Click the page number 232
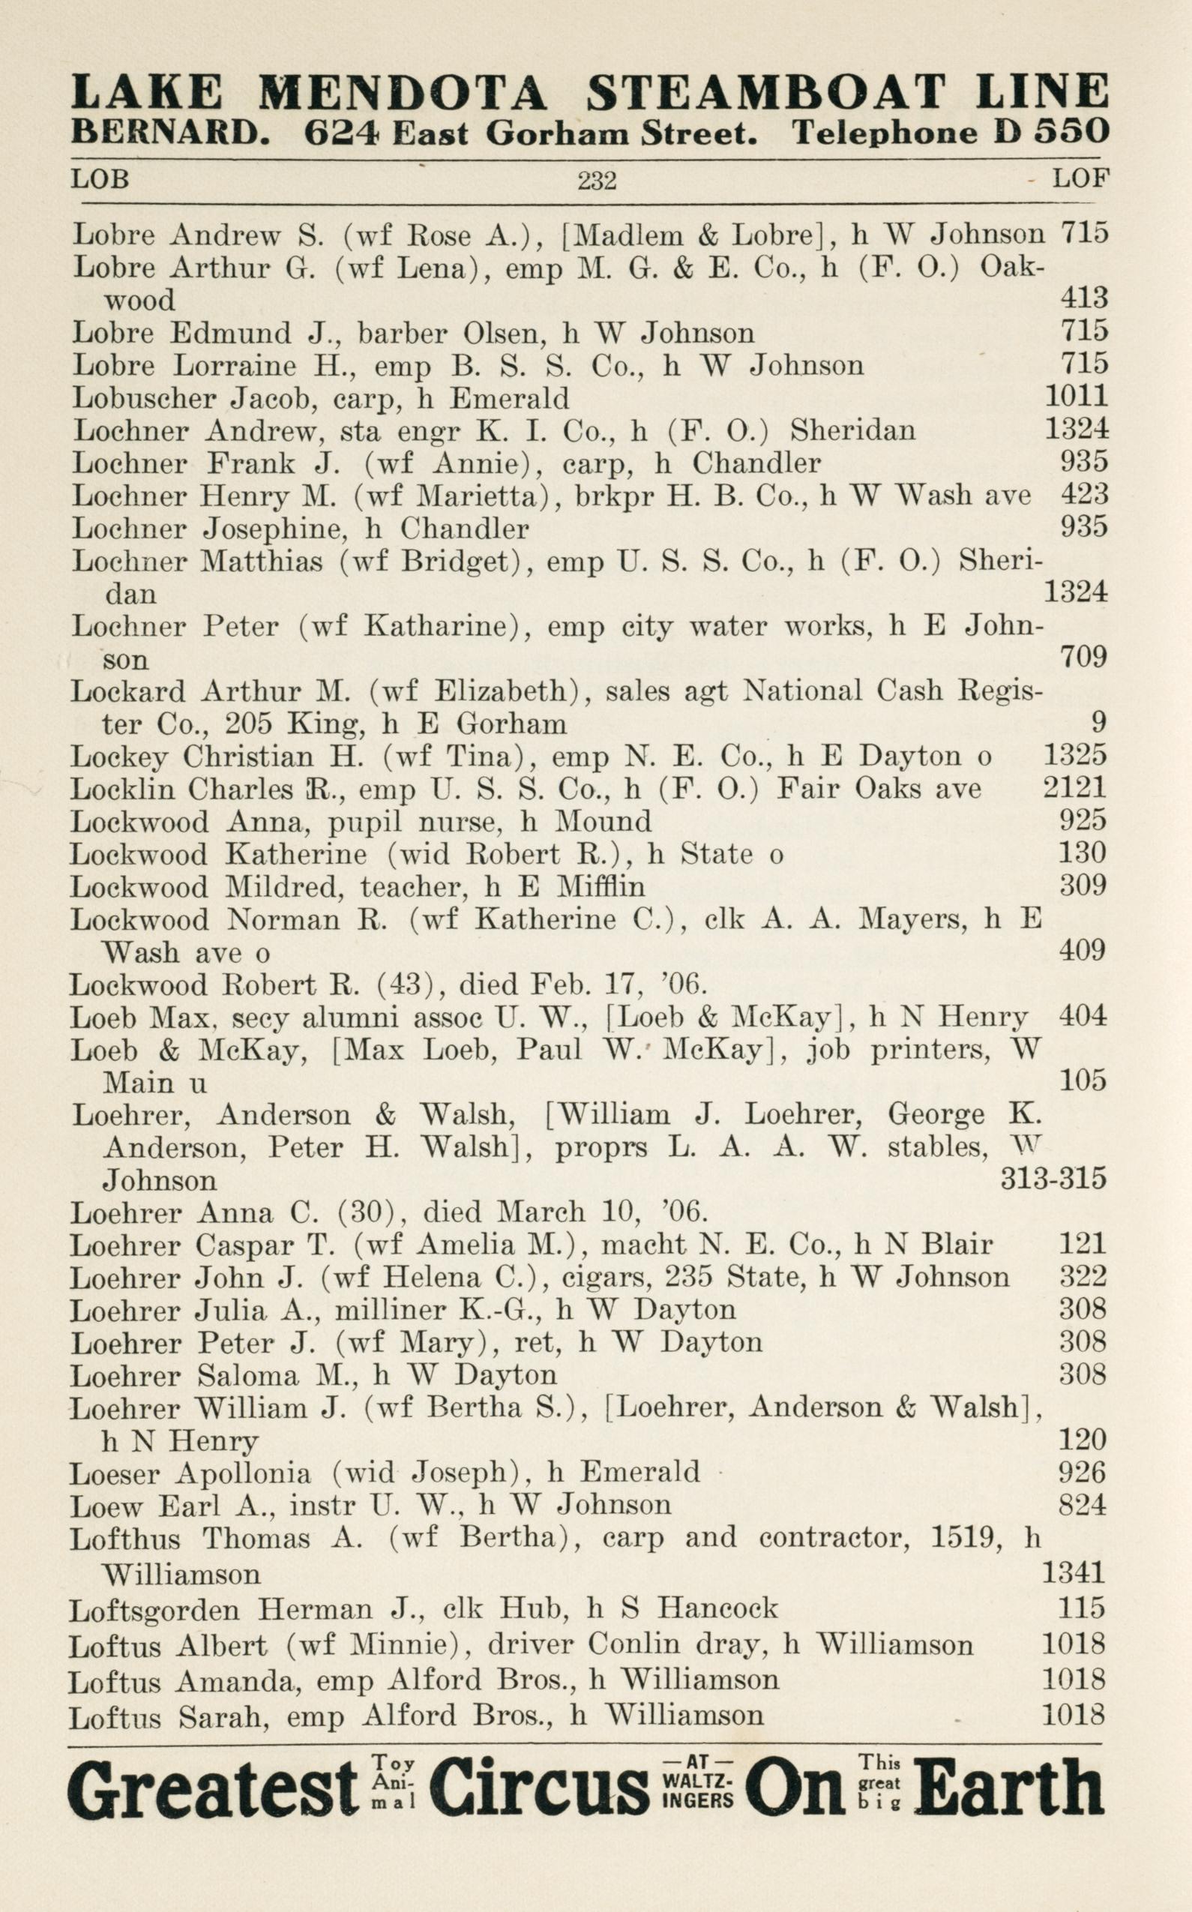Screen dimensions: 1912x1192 click(596, 181)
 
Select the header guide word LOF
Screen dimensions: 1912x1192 click(1081, 179)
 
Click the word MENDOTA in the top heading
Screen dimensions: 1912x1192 click(402, 92)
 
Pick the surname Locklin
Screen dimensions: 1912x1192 click(120, 789)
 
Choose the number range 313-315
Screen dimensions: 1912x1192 click(1053, 1179)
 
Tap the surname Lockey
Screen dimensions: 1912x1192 click(118, 757)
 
